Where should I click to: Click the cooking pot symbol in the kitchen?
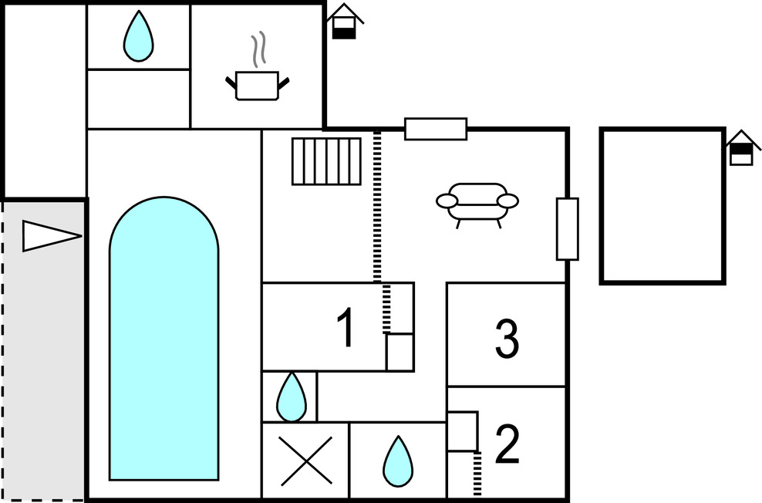[257, 85]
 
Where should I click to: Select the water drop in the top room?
[138, 36]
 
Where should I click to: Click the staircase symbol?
[326, 161]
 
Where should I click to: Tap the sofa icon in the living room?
[477, 202]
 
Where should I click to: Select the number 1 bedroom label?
[346, 328]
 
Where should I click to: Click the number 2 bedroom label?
[507, 445]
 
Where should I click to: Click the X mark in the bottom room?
[305, 461]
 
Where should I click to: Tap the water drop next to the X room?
[397, 461]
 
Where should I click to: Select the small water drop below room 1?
[291, 397]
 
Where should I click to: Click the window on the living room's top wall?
[436, 129]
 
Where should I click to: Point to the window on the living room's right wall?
[567, 229]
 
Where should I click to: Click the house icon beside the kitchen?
[345, 22]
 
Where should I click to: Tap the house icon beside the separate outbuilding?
[741, 148]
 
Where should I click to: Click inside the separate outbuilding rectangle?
[662, 206]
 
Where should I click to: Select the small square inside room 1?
[400, 352]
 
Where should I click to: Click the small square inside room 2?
[462, 432]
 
